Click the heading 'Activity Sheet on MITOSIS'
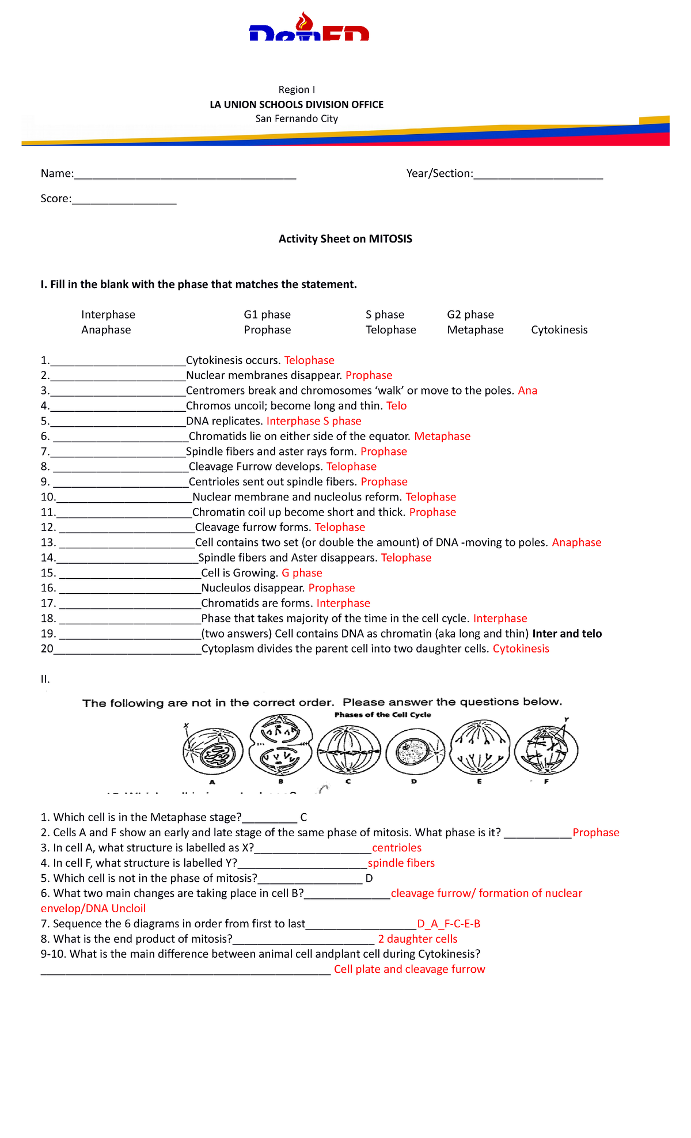click(x=345, y=239)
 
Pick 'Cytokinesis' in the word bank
click(x=559, y=330)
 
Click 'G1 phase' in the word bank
click(x=267, y=314)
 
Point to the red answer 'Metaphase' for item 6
click(x=442, y=437)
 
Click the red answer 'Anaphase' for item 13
click(x=576, y=543)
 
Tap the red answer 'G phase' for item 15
click(x=301, y=573)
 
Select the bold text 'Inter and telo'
click(x=567, y=634)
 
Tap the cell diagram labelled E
click(x=480, y=748)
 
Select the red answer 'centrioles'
click(x=396, y=848)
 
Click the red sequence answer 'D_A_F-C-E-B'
click(x=448, y=924)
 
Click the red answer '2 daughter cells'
click(x=417, y=939)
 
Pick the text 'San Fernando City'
click(x=297, y=119)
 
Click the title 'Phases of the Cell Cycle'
click(x=382, y=715)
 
